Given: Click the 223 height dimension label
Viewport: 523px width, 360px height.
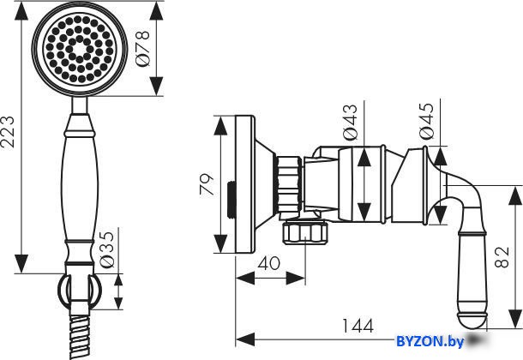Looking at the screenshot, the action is pyautogui.click(x=8, y=132).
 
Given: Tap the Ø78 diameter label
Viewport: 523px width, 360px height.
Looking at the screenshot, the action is pyautogui.click(x=143, y=48).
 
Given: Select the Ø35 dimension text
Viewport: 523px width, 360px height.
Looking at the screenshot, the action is pyautogui.click(x=107, y=249).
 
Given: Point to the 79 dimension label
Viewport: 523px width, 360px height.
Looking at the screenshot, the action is pyautogui.click(x=207, y=184).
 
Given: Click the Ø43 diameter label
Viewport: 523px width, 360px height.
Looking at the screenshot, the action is pyautogui.click(x=350, y=122).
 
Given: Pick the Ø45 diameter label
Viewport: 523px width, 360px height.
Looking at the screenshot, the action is pyautogui.click(x=427, y=121).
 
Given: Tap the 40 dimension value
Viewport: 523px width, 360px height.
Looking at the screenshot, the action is pyautogui.click(x=269, y=263).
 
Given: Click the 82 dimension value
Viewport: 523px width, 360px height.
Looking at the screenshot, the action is pyautogui.click(x=502, y=257).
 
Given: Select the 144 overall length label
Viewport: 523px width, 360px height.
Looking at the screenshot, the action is pyautogui.click(x=358, y=326).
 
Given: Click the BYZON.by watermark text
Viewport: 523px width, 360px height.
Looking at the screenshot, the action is pyautogui.click(x=430, y=341).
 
